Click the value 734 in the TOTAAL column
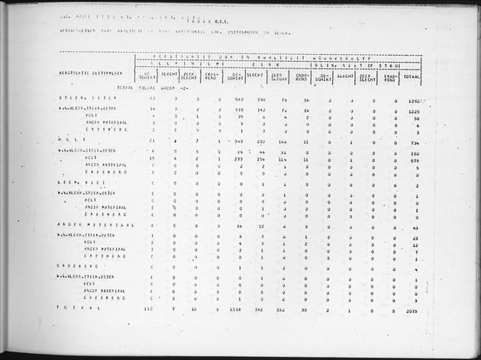(416, 143)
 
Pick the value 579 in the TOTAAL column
(416, 160)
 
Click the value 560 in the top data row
(237, 100)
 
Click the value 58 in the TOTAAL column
(417, 119)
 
